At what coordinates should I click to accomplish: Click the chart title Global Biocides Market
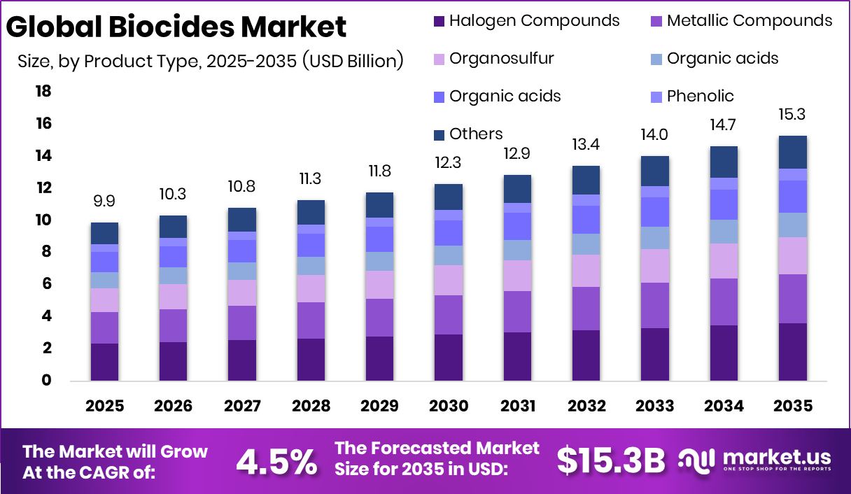(x=176, y=27)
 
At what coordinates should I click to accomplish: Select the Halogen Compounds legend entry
(x=533, y=20)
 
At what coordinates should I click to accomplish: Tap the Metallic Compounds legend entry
(x=749, y=20)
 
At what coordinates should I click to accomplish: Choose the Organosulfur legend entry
(x=501, y=58)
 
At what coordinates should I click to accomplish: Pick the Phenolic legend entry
(x=700, y=96)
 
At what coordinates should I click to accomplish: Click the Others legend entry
(x=475, y=134)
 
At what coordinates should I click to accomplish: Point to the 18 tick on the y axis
(x=43, y=92)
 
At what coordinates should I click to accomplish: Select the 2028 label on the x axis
(x=310, y=407)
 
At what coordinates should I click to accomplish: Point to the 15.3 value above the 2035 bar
(x=792, y=115)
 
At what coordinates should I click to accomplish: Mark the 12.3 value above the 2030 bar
(x=448, y=163)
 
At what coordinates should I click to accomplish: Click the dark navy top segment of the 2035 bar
(x=792, y=152)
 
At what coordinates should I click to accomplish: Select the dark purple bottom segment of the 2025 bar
(x=104, y=362)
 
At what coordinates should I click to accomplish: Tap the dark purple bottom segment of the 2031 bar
(x=516, y=356)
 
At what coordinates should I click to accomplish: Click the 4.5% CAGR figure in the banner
(x=276, y=461)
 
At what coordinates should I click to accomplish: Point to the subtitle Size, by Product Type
(x=210, y=61)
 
